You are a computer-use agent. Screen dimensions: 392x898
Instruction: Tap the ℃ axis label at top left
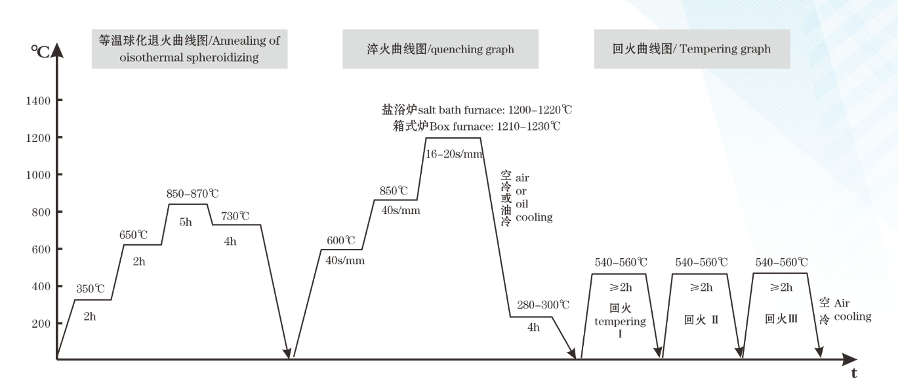point(40,51)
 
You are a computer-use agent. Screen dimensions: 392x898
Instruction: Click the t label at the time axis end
point(853,374)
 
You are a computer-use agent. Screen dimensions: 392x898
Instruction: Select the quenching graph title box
point(440,49)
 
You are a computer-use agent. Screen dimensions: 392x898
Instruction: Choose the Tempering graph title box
point(691,49)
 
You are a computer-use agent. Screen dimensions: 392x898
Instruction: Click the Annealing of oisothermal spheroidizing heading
point(190,49)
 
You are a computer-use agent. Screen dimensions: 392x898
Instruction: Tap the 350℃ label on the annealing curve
point(91,288)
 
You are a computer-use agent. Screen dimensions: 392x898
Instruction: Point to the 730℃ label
point(235,215)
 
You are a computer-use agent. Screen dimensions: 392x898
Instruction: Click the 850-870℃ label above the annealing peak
point(192,194)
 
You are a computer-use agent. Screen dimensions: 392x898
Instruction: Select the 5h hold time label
point(186,222)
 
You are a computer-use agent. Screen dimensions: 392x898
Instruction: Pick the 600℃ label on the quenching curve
point(340,240)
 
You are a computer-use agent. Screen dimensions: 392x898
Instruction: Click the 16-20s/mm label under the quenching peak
point(453,155)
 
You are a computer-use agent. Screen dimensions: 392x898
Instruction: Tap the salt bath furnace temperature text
point(472,110)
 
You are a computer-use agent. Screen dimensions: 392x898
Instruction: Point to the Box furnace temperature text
point(472,125)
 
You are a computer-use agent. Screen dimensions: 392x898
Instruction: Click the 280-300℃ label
point(544,305)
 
